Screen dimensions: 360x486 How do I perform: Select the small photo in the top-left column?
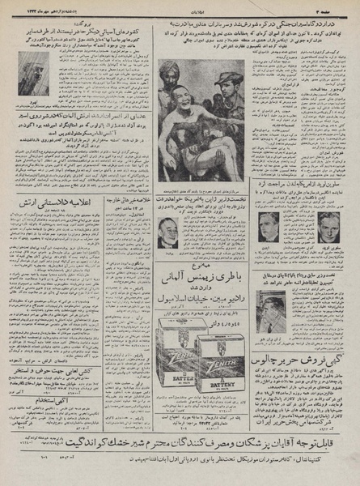click(33, 74)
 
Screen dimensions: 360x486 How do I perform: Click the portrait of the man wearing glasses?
click(168, 233)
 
